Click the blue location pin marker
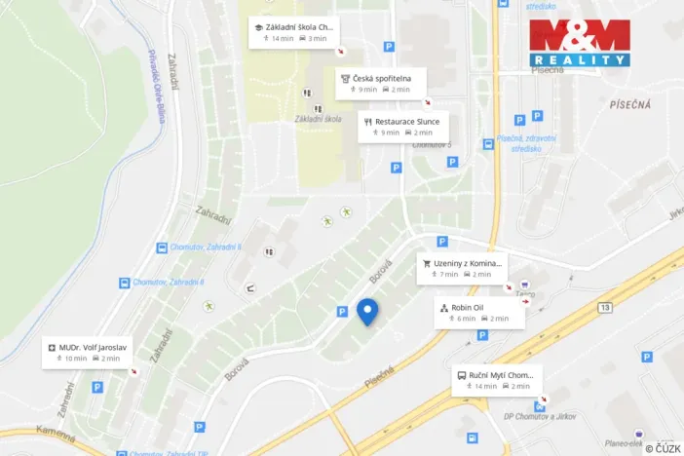click(x=367, y=311)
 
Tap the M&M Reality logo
click(x=579, y=43)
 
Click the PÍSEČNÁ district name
click(x=629, y=101)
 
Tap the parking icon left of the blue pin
click(x=342, y=312)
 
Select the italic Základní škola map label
click(x=319, y=119)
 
